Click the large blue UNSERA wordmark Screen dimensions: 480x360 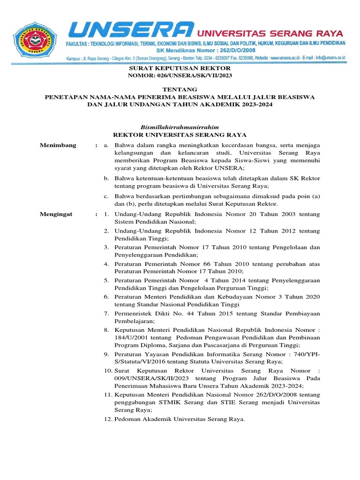coord(131,30)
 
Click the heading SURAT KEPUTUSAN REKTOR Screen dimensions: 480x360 coord(180,68)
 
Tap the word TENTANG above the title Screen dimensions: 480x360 coord(180,90)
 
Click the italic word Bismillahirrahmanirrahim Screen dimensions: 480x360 coord(180,127)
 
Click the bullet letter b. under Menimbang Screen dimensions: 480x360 coord(106,178)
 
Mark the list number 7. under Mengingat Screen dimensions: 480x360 coord(106,313)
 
